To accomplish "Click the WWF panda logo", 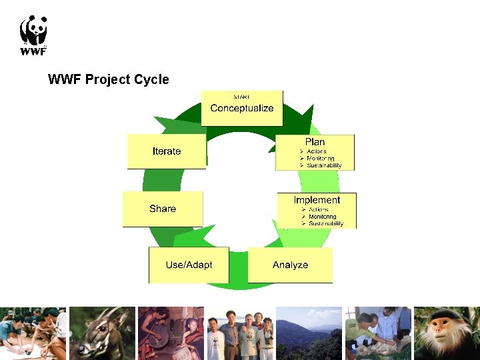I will pos(33,35).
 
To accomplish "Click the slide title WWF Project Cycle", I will pos(109,79).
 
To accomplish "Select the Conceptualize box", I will pos(242,108).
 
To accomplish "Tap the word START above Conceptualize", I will pos(241,97).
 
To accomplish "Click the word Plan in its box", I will pos(315,142).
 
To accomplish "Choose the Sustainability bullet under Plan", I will pos(324,165).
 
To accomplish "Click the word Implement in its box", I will pos(317,200).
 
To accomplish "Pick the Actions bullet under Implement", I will pos(318,209).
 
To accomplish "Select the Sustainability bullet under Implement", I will pos(325,223).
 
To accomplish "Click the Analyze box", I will pos(290,265).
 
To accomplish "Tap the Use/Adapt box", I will pos(189,265).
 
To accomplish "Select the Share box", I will pos(163,209).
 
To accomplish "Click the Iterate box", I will pos(167,151).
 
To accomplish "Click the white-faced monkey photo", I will pos(446,333).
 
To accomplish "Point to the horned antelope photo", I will pos(102,333).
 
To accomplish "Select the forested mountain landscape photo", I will pos(309,333).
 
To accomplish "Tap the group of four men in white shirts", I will pos(240,333).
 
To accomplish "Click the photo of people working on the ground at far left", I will pos(33,333).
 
